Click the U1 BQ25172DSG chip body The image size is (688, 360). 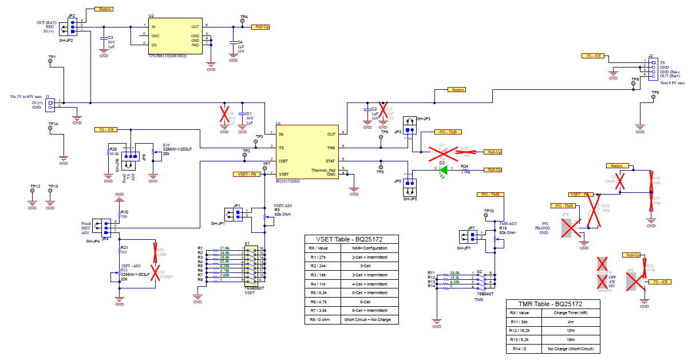[307, 153]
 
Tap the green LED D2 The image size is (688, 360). [441, 170]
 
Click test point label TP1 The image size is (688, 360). [52, 57]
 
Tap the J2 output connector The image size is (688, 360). [651, 68]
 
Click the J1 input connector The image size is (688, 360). [51, 104]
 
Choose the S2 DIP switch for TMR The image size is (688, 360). [485, 280]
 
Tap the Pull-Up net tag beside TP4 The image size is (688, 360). [262, 27]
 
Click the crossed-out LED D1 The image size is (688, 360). [442, 151]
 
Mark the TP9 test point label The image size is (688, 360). [655, 92]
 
